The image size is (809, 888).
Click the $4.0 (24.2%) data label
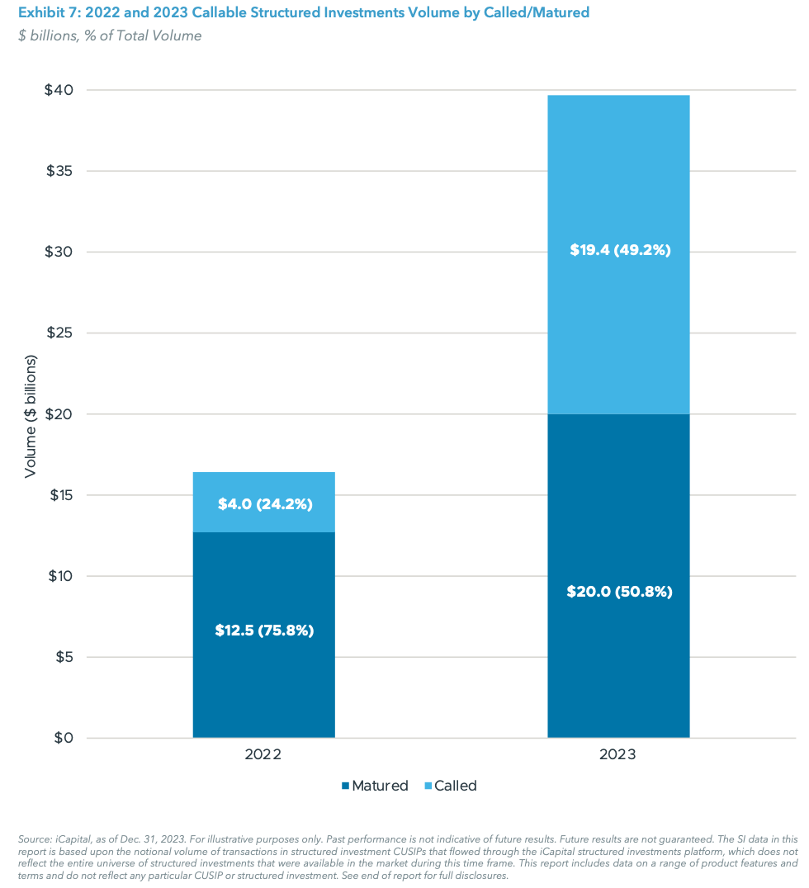pyautogui.click(x=265, y=503)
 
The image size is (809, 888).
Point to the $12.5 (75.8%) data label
pyautogui.click(x=265, y=631)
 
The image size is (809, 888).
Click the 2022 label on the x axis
pyautogui.click(x=263, y=755)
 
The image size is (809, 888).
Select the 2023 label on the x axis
pyautogui.click(x=618, y=755)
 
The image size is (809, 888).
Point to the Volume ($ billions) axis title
pyautogui.click(x=31, y=416)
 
